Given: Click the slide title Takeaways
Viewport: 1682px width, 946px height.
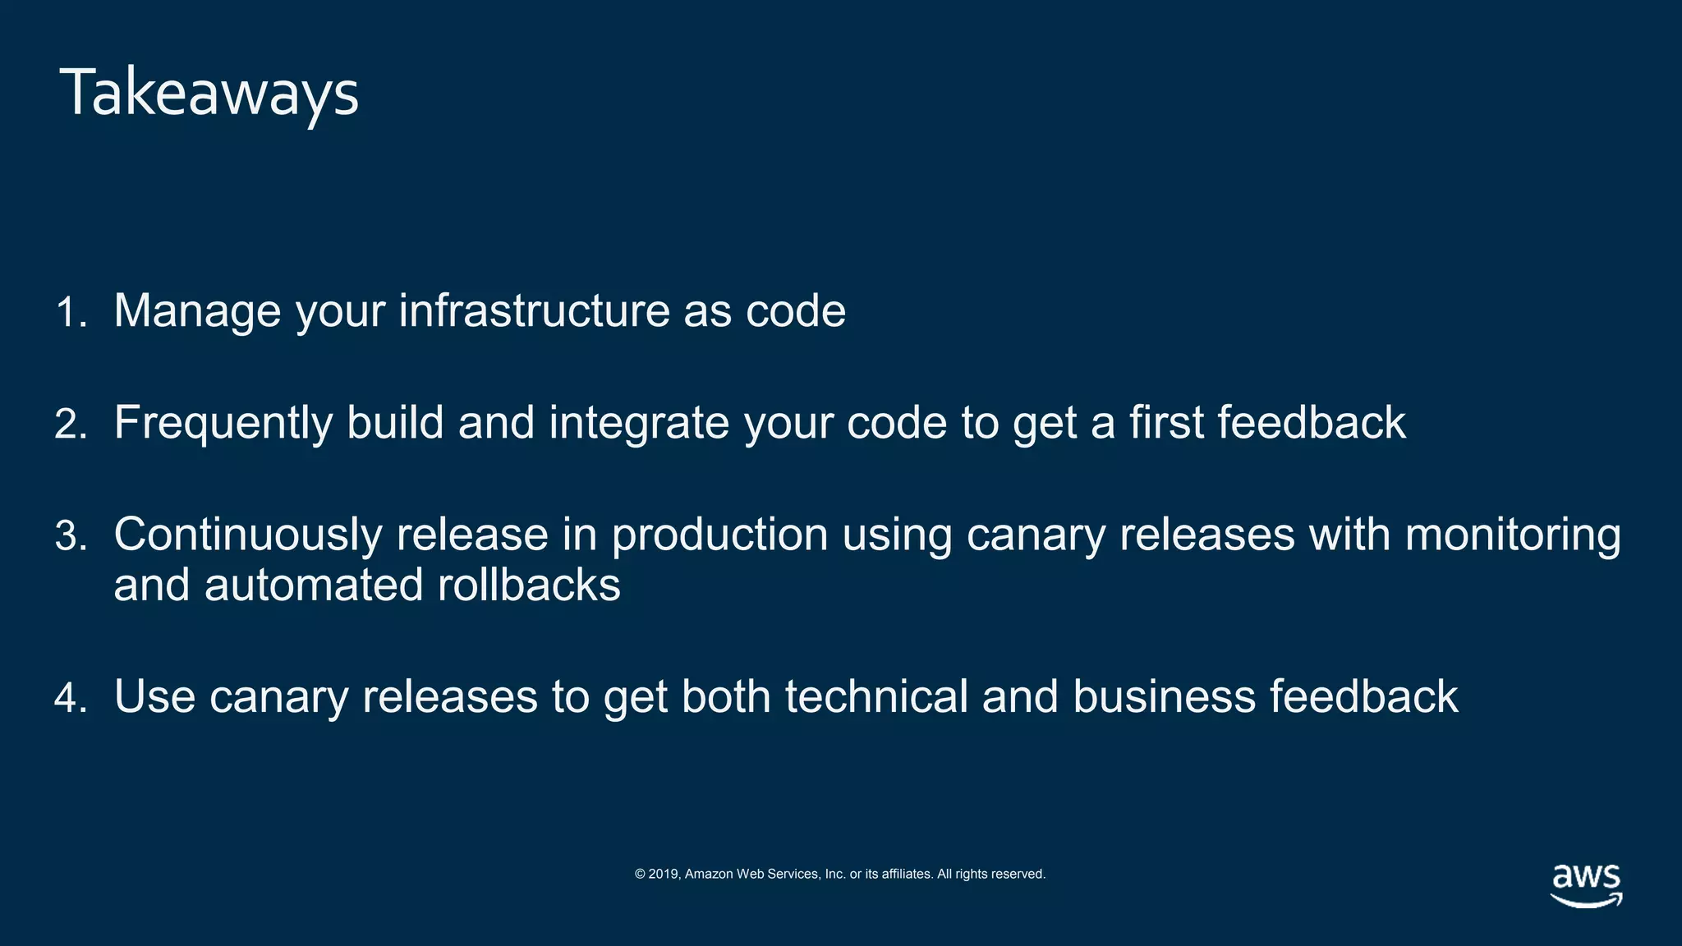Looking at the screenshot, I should click(x=209, y=93).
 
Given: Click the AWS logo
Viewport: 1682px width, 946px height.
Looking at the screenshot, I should click(x=1586, y=885).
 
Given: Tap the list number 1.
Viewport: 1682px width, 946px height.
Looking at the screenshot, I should click(x=71, y=313).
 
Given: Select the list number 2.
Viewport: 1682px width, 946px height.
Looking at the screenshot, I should click(x=71, y=425).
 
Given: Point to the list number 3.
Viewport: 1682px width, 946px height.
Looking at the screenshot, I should click(x=71, y=536).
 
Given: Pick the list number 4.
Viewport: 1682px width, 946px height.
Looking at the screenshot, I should click(x=71, y=698).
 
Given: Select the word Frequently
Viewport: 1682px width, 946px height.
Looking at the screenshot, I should click(x=223, y=424).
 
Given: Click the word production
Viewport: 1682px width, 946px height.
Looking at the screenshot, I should click(x=719, y=535).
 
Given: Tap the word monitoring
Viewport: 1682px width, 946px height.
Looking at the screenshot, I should click(x=1513, y=535).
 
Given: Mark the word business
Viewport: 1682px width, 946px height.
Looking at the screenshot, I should click(x=1164, y=696).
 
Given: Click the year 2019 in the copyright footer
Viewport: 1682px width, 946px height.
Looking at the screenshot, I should click(x=664, y=874).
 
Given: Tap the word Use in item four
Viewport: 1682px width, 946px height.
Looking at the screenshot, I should click(x=154, y=696).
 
